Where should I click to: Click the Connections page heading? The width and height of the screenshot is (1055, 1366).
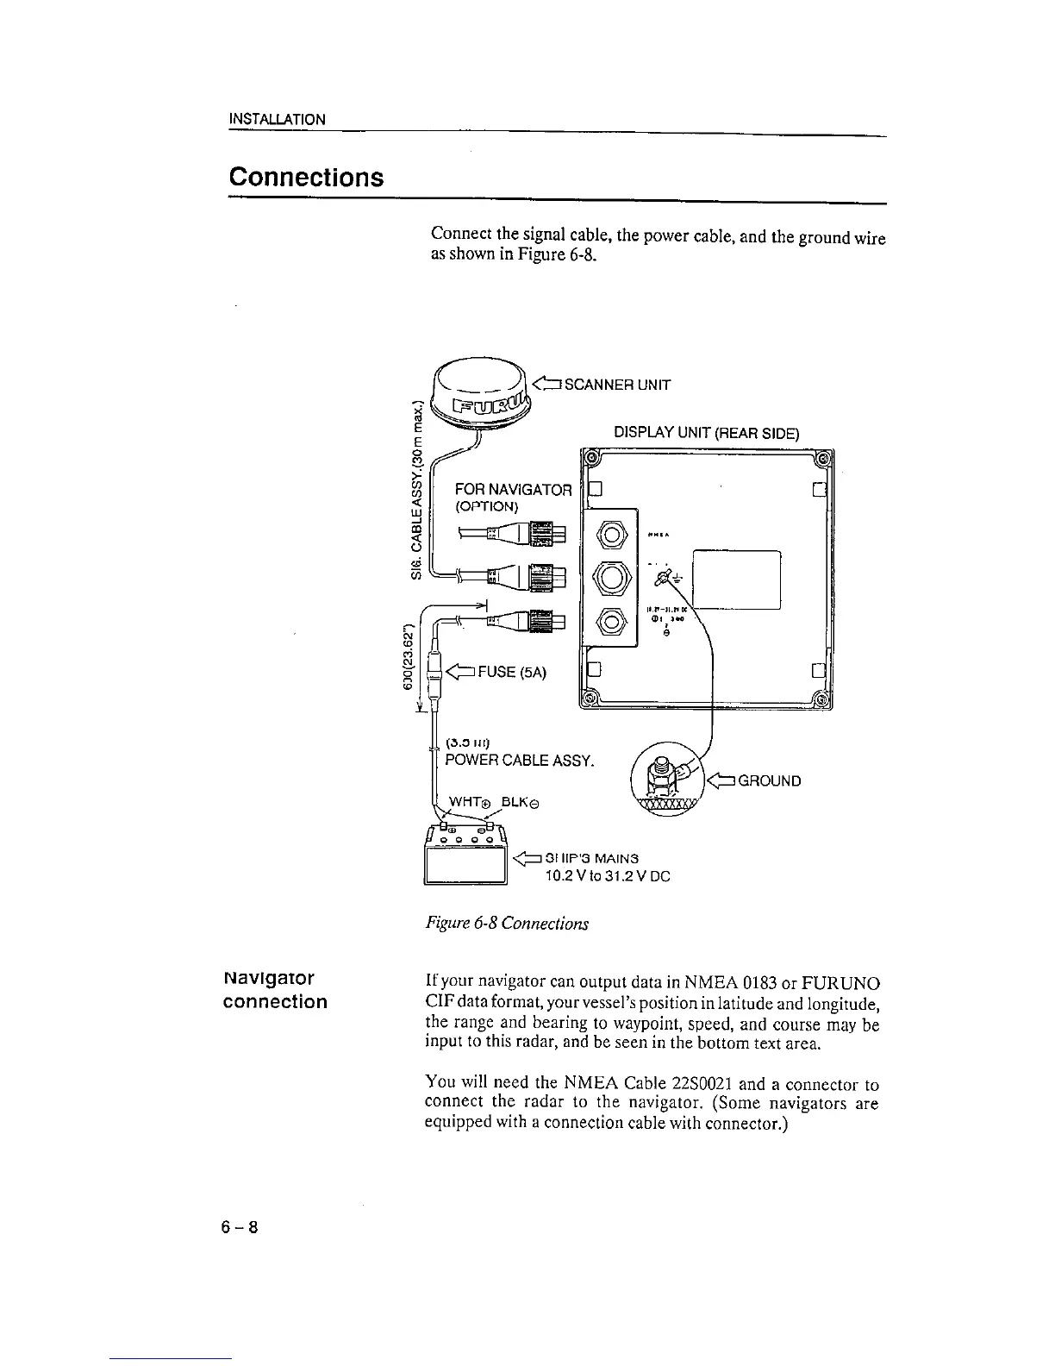point(305,178)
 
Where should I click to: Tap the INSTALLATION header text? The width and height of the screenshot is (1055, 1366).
point(277,119)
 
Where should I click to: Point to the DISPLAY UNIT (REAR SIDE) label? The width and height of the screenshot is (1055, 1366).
point(706,433)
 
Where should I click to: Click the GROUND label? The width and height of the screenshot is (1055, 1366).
point(770,781)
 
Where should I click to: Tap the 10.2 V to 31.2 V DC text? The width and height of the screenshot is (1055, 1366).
point(607,876)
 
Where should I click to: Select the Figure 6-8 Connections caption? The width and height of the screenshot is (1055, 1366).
point(507,924)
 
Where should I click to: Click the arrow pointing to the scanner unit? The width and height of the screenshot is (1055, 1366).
point(547,385)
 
